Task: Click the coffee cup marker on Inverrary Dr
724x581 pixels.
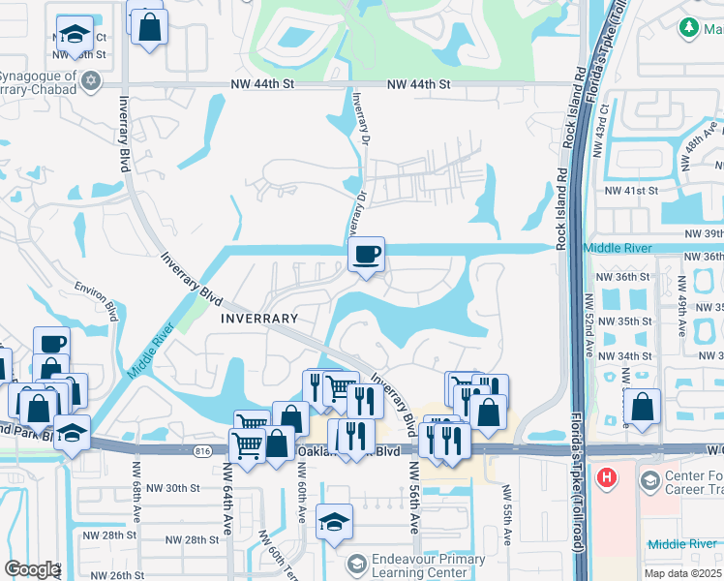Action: [x=366, y=256]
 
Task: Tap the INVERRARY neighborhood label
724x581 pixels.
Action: [x=258, y=318]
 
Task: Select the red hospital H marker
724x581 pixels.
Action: [x=607, y=477]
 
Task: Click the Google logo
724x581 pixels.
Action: [x=31, y=569]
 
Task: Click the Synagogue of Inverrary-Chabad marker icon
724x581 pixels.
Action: [x=92, y=79]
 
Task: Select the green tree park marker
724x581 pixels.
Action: [x=690, y=28]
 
